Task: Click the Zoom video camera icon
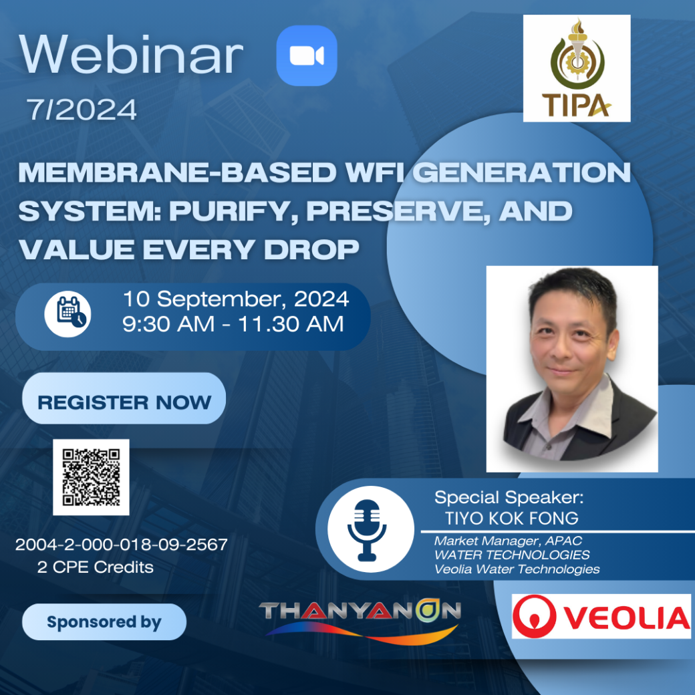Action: (307, 56)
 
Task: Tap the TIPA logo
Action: (577, 68)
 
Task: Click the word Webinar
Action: (131, 55)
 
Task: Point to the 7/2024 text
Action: (82, 110)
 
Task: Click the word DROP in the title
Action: (311, 249)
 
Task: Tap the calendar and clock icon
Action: (67, 314)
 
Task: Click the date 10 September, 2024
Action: (236, 299)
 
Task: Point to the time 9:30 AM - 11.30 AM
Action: (233, 324)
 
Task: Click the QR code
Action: (92, 477)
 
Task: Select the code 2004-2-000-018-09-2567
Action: (122, 544)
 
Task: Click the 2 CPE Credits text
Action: (96, 567)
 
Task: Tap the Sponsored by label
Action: (104, 622)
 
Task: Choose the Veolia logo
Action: (601, 617)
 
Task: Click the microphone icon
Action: (367, 530)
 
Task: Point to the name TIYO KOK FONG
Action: (512, 519)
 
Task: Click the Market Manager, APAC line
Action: (508, 541)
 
